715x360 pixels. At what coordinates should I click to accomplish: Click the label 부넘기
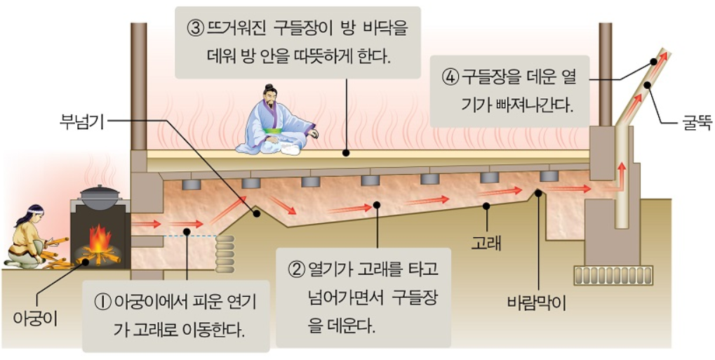point(81,123)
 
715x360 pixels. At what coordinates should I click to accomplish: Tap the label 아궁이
point(35,318)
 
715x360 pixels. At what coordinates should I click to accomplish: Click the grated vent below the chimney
point(613,275)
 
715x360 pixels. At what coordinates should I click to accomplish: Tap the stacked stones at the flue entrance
point(225,253)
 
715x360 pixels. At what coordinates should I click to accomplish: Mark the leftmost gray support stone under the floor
point(191,185)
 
